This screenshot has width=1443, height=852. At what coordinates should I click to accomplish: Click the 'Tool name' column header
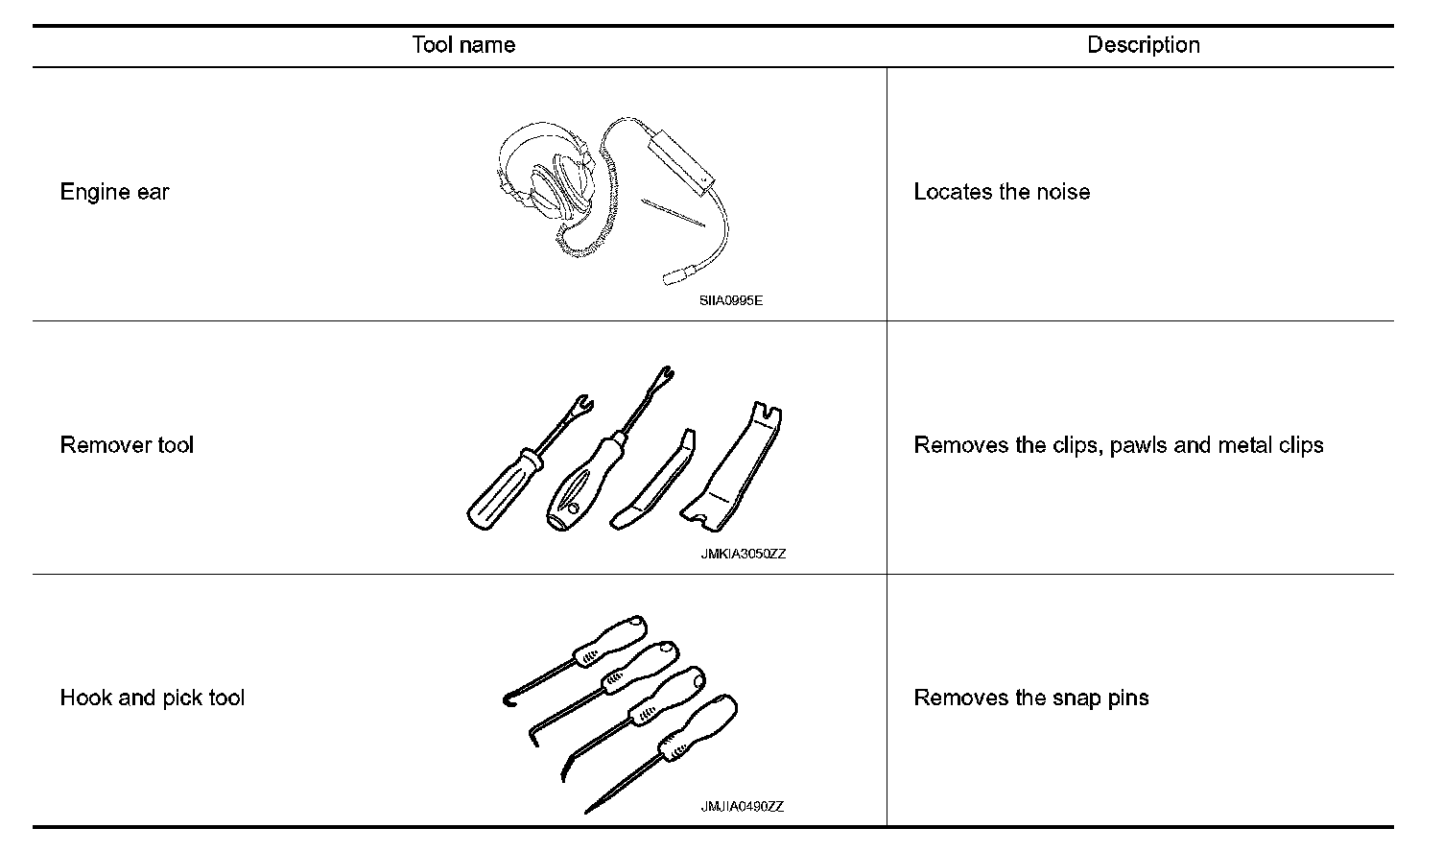point(463,45)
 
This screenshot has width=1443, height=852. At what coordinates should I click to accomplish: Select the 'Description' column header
point(1143,45)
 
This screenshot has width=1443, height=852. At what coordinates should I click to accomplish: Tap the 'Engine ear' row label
point(114,192)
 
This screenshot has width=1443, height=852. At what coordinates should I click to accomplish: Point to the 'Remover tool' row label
point(127,445)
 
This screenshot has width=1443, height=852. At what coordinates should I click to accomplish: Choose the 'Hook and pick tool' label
point(152,698)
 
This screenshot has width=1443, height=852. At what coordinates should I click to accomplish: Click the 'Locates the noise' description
point(1001,192)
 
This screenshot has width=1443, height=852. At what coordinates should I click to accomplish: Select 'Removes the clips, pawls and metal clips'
point(1118,445)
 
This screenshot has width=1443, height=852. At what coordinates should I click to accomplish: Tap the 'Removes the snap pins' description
point(1030,698)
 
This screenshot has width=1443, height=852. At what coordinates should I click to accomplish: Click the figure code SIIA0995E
point(731,300)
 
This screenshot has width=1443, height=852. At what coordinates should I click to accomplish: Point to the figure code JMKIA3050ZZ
point(743,554)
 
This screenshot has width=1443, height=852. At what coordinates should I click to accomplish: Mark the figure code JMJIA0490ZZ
point(742,807)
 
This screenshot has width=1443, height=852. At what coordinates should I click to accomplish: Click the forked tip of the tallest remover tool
point(663,375)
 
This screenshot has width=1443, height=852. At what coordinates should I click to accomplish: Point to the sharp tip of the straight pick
point(587,812)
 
